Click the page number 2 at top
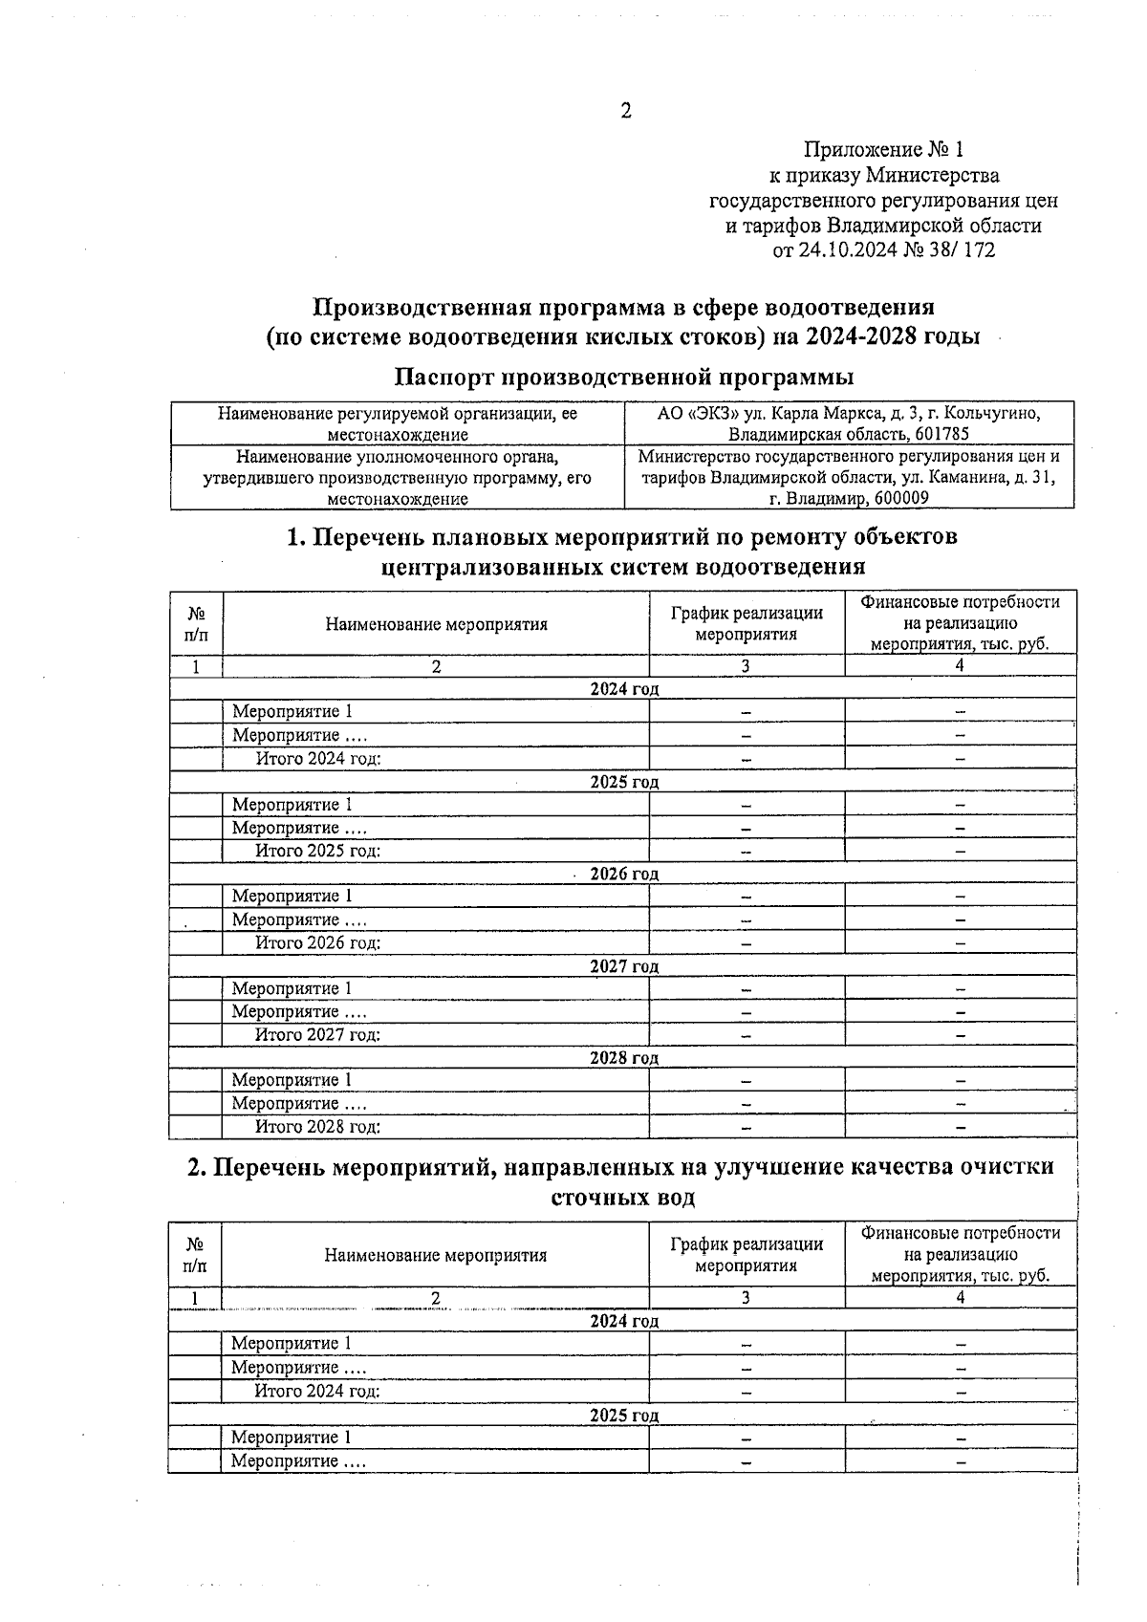click(x=626, y=112)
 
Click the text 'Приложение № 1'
click(x=884, y=150)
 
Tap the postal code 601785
click(x=941, y=434)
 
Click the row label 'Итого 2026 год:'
click(x=317, y=942)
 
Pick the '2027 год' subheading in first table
click(x=623, y=966)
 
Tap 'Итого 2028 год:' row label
click(x=317, y=1127)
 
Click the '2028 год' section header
click(x=623, y=1058)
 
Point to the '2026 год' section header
click(x=623, y=874)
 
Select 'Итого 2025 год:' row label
click(x=317, y=851)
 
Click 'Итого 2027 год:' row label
click(x=317, y=1034)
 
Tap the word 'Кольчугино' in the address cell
click(x=994, y=414)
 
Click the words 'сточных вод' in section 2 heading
click(x=623, y=1197)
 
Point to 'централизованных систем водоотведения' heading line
click(x=623, y=567)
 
